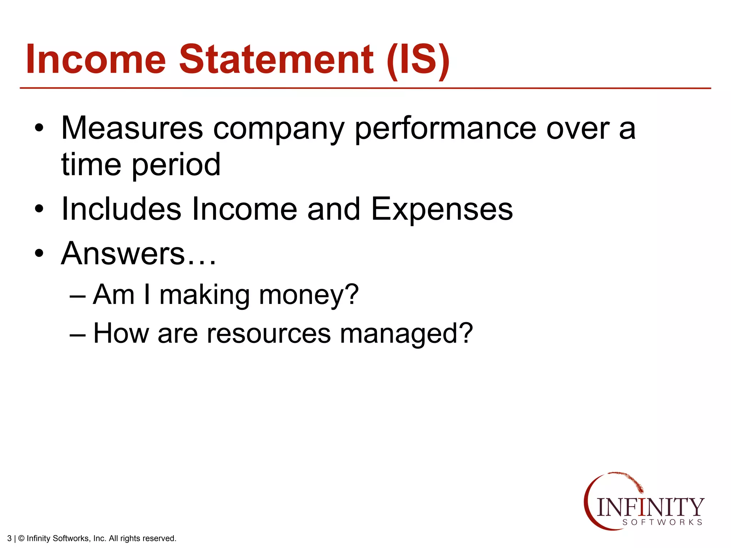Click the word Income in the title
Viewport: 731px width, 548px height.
(x=96, y=59)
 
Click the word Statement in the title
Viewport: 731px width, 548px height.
(x=276, y=59)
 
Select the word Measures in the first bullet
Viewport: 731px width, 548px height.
(x=132, y=128)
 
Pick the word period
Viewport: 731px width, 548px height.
(x=176, y=165)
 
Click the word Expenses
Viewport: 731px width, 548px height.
(x=442, y=210)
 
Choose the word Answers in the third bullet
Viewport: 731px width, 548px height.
(x=123, y=253)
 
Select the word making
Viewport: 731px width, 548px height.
(x=204, y=296)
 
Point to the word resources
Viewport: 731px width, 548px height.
(x=269, y=334)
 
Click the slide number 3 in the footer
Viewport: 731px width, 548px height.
(x=9, y=538)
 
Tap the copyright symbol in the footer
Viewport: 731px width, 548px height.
(x=21, y=538)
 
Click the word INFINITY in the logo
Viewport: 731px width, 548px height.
(x=650, y=507)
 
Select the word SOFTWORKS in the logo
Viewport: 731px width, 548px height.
(x=662, y=522)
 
